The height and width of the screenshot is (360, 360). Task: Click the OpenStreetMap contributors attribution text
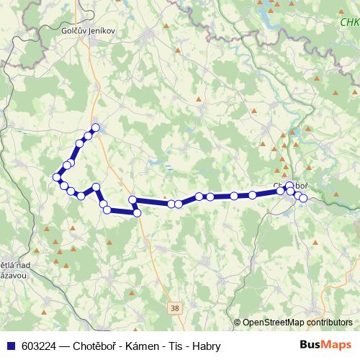click(297, 323)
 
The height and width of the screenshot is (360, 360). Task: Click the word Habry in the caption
click(205, 346)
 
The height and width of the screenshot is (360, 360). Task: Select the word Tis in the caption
click(175, 346)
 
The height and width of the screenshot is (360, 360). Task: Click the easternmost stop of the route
click(303, 198)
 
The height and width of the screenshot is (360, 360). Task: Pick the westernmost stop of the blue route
click(56, 177)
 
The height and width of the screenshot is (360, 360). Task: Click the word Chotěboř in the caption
click(97, 346)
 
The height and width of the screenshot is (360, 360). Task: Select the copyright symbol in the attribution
click(237, 323)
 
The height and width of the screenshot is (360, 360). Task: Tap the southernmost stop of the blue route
click(137, 212)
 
